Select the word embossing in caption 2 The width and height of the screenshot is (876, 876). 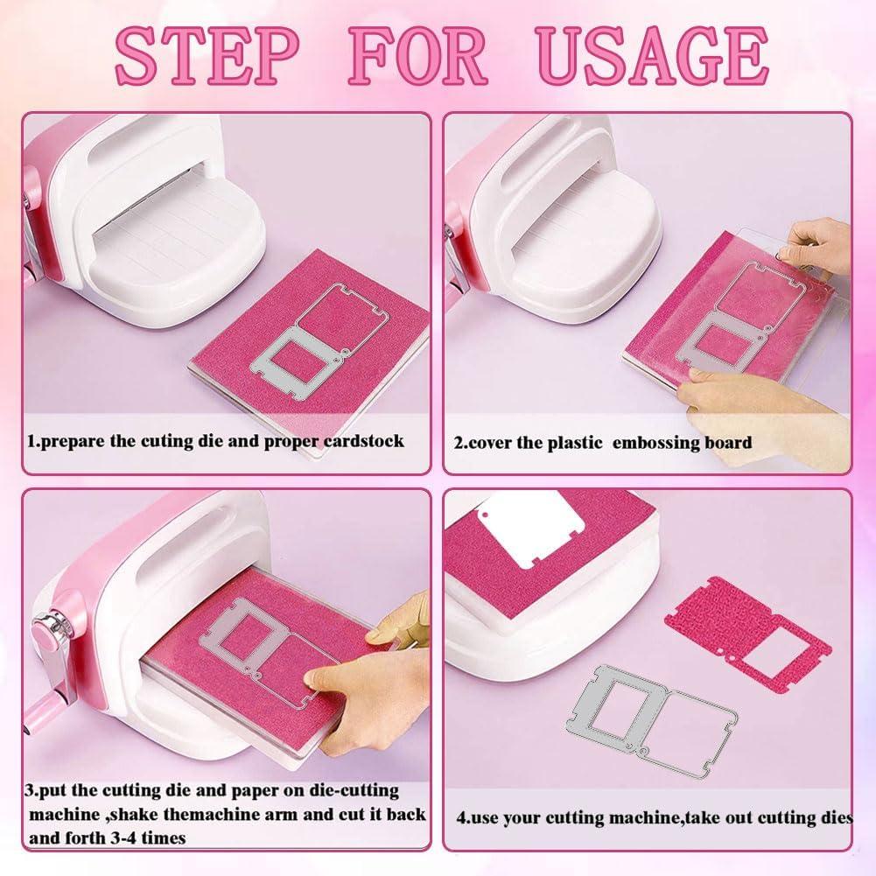[652, 443]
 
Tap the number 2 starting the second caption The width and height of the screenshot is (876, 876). [459, 443]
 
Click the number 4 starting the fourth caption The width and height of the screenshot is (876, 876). [461, 819]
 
